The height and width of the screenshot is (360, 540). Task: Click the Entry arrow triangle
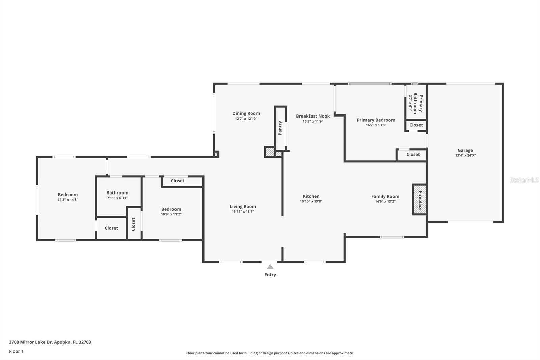(x=270, y=267)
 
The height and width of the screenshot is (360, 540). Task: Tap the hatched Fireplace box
(x=420, y=200)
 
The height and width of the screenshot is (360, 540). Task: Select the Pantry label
(x=280, y=128)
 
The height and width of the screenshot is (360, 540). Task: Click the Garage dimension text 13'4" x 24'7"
(x=465, y=155)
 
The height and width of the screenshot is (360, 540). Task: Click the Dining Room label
(x=246, y=113)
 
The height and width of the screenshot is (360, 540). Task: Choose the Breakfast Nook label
(x=313, y=116)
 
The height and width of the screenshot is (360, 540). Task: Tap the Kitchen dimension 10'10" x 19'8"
(x=311, y=201)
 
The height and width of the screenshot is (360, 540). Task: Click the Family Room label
(x=385, y=196)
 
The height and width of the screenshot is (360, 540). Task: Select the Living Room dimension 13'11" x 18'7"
(x=243, y=212)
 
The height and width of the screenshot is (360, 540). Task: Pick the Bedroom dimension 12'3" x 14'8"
(x=68, y=200)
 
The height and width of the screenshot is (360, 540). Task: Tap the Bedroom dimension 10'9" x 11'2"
(x=171, y=214)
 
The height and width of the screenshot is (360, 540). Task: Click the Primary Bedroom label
(x=376, y=120)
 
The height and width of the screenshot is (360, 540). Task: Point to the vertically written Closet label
(x=133, y=224)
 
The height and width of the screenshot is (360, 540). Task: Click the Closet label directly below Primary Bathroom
(x=416, y=125)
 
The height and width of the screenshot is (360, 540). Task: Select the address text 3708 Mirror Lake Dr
(x=31, y=342)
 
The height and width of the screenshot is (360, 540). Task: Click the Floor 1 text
(x=16, y=351)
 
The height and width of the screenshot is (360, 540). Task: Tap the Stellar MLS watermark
(x=524, y=180)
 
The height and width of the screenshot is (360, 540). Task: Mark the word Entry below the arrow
(x=270, y=275)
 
